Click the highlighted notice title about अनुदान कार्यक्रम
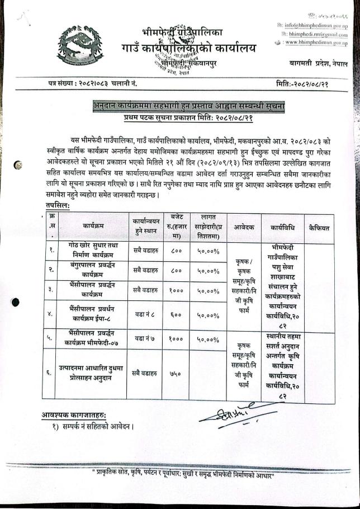click(x=189, y=105)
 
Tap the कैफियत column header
click(x=319, y=228)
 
